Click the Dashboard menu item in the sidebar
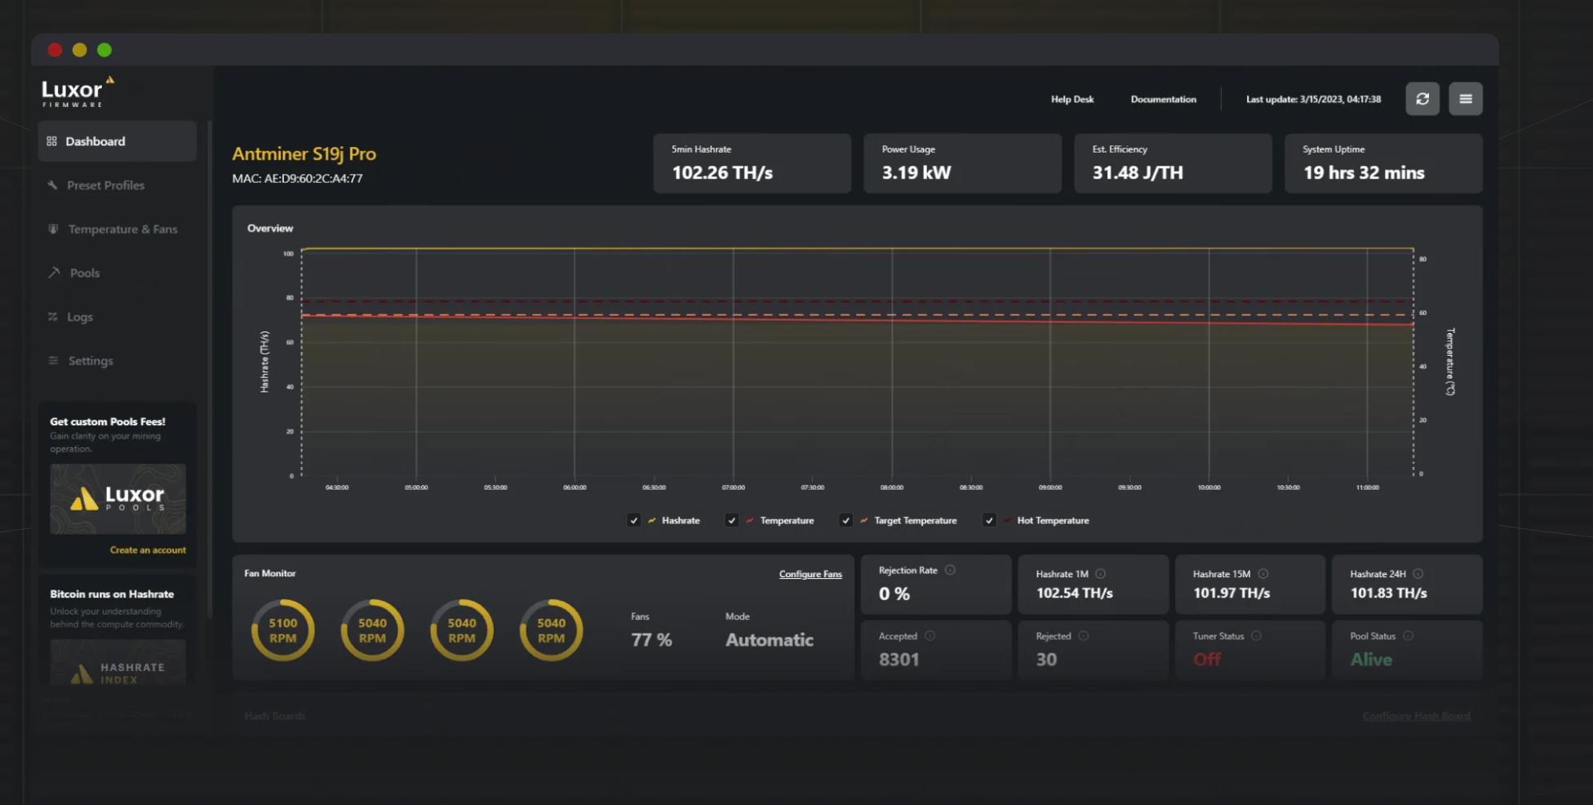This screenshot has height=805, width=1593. click(x=95, y=141)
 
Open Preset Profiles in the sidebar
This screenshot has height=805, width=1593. click(x=105, y=185)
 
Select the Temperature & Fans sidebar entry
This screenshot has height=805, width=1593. click(x=122, y=229)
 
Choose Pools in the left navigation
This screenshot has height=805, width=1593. click(x=84, y=273)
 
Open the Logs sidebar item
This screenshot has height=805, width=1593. click(x=79, y=317)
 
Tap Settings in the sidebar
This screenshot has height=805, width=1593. click(x=90, y=361)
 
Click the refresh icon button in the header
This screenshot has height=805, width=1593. click(x=1422, y=99)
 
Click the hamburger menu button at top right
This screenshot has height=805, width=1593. click(x=1465, y=99)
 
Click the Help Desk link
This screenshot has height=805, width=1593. click(x=1072, y=100)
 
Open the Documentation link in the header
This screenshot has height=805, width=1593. click(x=1163, y=100)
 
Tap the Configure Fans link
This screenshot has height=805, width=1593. click(x=810, y=575)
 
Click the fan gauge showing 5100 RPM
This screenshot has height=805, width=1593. click(x=283, y=630)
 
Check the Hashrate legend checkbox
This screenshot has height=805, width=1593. click(x=634, y=520)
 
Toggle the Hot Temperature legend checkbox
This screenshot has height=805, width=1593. click(x=989, y=520)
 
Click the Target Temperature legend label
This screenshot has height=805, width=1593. click(x=915, y=521)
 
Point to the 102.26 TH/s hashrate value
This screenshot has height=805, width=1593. click(x=722, y=173)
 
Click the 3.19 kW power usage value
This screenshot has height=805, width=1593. click(x=916, y=173)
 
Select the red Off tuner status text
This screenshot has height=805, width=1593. click(x=1207, y=660)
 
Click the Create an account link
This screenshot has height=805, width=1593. click(x=148, y=550)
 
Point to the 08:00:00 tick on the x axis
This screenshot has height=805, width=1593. click(x=891, y=487)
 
